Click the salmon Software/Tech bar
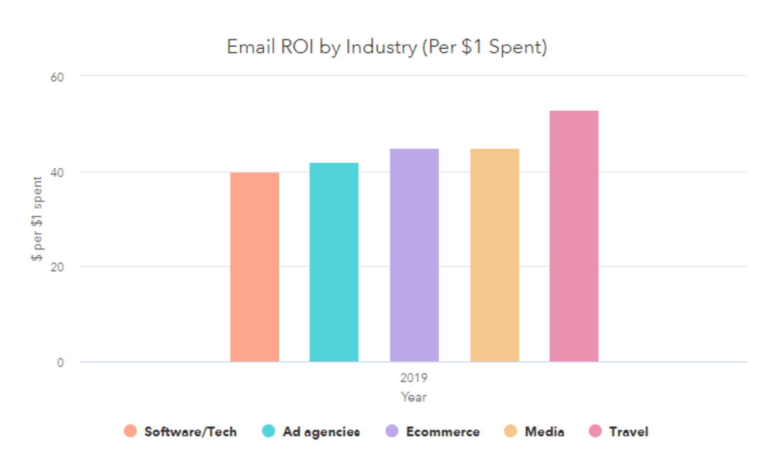coord(254,267)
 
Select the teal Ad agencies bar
coord(334,262)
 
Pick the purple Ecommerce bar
coord(414,255)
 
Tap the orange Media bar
coord(494,255)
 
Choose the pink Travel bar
coord(574,236)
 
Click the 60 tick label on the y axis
coord(57,78)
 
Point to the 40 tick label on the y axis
coord(57,173)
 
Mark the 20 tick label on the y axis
coord(57,267)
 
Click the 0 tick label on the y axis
coord(60,363)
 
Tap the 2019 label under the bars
coord(413,378)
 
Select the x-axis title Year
coord(413,397)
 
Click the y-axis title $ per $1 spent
coord(37,219)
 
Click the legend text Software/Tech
coord(190,432)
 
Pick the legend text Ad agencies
coord(321,432)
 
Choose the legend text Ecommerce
coord(443,432)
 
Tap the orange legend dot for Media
coord(511,431)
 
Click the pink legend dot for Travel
coord(595,431)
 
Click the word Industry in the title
coord(382,47)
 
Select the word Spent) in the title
coord(518,47)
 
